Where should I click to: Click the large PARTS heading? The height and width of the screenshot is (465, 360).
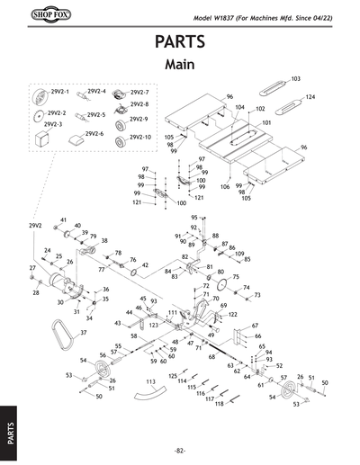pyautogui.click(x=179, y=43)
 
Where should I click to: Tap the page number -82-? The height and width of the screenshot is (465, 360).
pyautogui.click(x=180, y=450)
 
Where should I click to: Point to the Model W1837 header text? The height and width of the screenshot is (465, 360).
pyautogui.click(x=269, y=20)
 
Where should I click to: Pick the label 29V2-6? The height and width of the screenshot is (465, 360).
pyautogui.click(x=96, y=134)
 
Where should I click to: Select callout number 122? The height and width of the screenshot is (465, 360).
pyautogui.click(x=232, y=315)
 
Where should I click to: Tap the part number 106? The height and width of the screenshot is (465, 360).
pyautogui.click(x=224, y=185)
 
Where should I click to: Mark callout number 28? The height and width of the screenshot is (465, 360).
pyautogui.click(x=37, y=293)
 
